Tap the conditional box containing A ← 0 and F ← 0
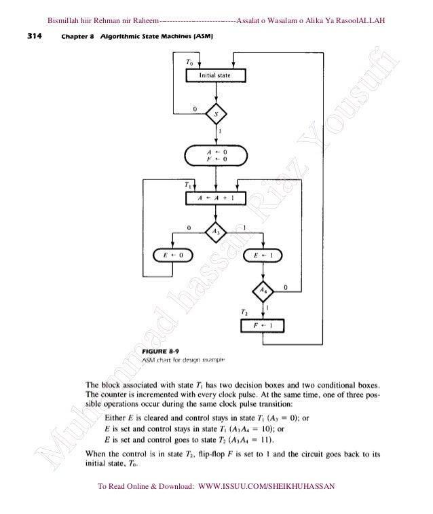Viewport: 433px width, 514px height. coord(215,156)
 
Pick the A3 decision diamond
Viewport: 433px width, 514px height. coord(216,231)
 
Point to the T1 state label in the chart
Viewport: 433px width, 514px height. coord(188,184)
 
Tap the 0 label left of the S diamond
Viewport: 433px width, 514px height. coord(195,107)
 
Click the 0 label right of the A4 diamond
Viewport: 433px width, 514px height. coord(285,287)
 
